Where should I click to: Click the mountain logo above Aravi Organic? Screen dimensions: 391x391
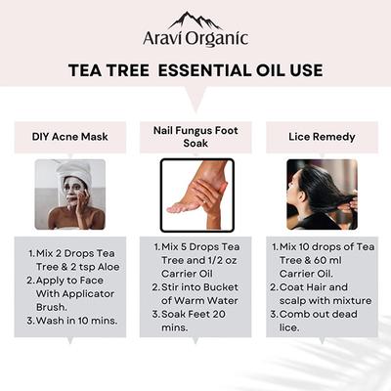195,21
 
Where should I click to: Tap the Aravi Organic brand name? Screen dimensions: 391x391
195,39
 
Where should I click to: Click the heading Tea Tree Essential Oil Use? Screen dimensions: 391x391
195,71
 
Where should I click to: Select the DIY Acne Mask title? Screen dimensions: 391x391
69,135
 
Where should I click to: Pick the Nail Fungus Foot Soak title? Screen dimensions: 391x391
195,135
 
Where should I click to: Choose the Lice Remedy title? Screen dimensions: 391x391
322,135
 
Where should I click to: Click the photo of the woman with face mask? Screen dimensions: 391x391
69,194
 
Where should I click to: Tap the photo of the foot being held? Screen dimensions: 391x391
195,195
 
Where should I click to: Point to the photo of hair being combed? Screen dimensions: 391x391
322,194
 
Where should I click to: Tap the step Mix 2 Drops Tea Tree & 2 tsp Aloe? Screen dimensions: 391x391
71,261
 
